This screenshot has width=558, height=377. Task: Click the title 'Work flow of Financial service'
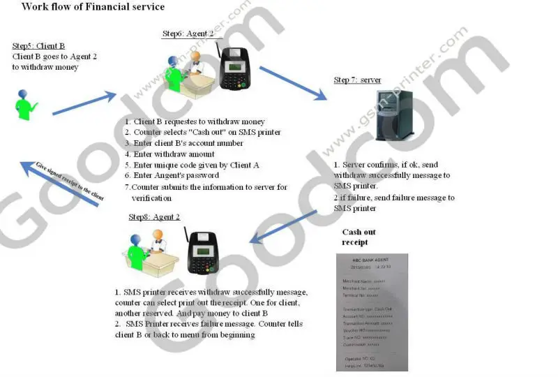(93, 7)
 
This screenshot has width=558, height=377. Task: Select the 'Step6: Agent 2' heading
(183, 34)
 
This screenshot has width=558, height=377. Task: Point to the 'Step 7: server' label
(357, 80)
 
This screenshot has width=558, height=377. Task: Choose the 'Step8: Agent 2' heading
(154, 217)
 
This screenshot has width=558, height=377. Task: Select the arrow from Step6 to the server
(294, 82)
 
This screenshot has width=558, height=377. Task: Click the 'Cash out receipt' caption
(361, 237)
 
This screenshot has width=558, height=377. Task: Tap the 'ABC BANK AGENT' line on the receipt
(367, 258)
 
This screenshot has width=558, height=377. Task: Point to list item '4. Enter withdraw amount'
(169, 154)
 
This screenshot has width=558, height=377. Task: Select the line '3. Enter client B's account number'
(183, 143)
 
